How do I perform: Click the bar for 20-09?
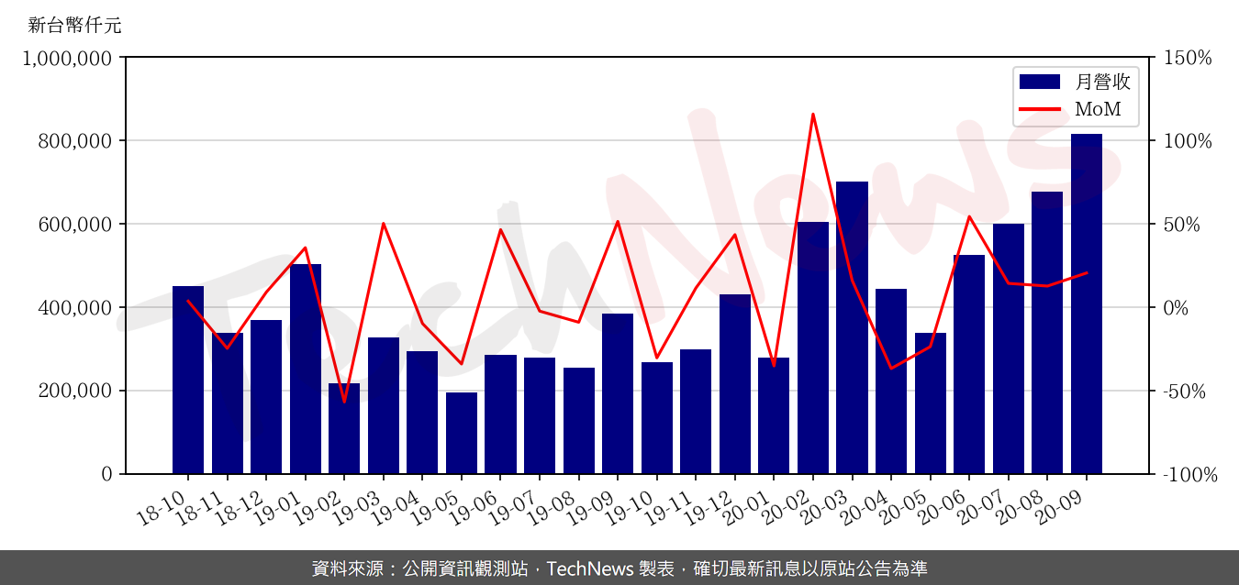point(1086,304)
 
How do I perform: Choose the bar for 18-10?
point(188,380)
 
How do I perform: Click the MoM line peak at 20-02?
point(813,115)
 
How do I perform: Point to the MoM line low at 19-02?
point(344,402)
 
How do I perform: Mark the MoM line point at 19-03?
point(384,224)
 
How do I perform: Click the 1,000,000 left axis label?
point(67,58)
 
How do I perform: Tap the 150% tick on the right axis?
point(1187,58)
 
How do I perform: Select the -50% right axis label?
point(1188,391)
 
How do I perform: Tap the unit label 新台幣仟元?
point(74,25)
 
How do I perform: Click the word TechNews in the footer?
point(587,568)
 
